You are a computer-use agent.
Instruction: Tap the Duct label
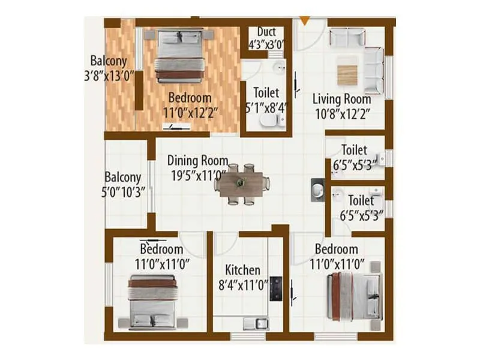click(266, 31)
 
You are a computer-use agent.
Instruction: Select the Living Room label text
click(341, 99)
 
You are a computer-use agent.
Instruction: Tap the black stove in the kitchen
click(276, 288)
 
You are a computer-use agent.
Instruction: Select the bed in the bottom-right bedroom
click(355, 296)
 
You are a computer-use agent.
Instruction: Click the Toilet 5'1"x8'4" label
click(266, 100)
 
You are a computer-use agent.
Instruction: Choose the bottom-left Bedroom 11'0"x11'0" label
click(161, 256)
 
